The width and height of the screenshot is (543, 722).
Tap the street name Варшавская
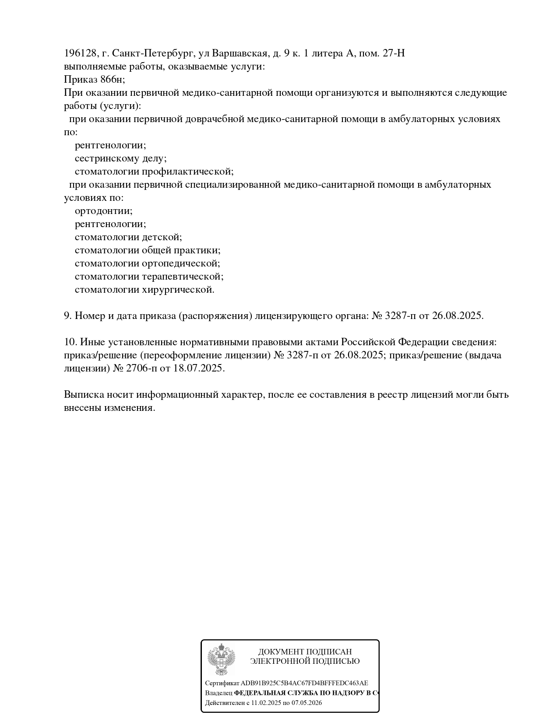[240, 53]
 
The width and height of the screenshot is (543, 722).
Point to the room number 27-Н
[394, 53]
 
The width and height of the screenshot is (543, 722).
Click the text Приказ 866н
[94, 80]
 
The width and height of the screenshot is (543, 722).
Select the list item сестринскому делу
[120, 158]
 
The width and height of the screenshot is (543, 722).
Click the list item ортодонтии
[103, 211]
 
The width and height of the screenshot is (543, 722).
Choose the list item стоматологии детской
[128, 237]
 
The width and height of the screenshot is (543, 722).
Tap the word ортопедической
[181, 263]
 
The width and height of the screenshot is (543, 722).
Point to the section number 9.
[67, 316]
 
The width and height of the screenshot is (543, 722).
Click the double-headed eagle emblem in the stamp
[221, 660]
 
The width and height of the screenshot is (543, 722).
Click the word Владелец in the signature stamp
[219, 693]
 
